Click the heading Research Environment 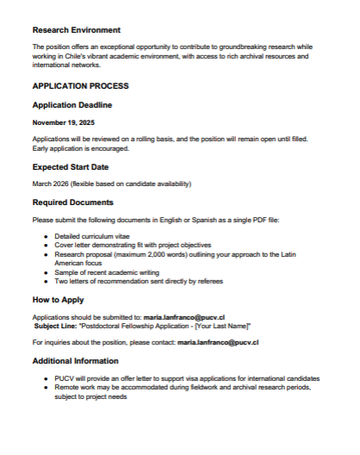tap(76, 30)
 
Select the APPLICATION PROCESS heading tap(80, 86)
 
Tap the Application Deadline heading tap(72, 104)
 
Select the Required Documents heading tap(72, 203)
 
